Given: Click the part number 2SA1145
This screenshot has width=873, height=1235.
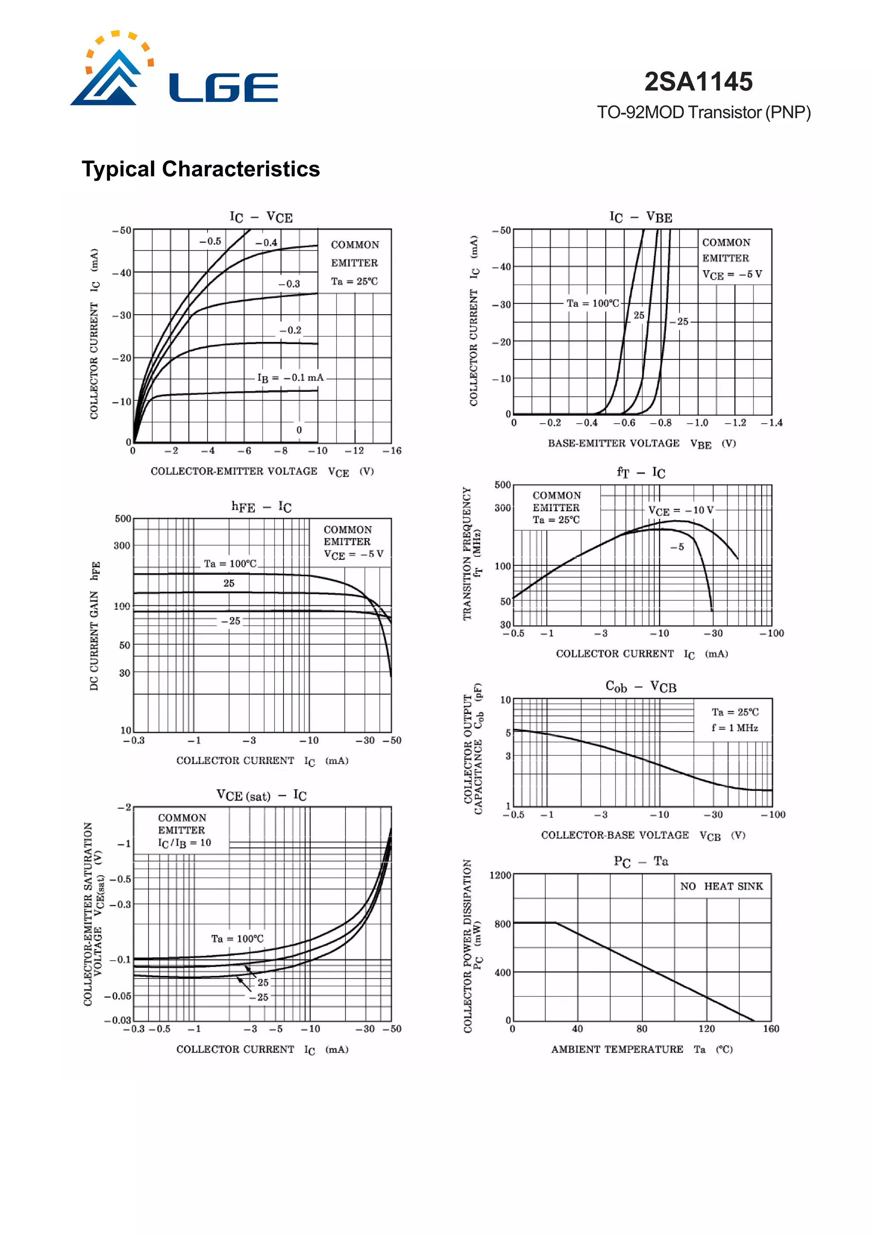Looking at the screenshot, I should click(x=698, y=82).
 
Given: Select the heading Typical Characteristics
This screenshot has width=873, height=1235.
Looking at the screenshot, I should click(x=201, y=169).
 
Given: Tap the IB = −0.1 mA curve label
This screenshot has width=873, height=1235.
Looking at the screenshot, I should click(x=290, y=378).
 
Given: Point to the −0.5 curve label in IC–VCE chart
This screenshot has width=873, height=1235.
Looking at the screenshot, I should click(x=210, y=242).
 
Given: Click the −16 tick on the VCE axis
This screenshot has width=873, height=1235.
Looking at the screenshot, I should click(x=392, y=451).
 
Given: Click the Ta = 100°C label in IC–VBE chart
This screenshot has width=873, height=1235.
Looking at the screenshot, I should click(x=593, y=304).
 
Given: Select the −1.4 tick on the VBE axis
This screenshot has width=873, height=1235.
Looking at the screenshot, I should click(x=772, y=423).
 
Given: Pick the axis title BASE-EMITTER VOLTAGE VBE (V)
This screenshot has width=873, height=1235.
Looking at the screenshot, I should click(x=642, y=444).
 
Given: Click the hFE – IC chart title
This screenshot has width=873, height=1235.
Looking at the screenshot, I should click(x=261, y=507).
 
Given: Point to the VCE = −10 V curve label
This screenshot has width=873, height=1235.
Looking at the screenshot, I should click(x=680, y=510).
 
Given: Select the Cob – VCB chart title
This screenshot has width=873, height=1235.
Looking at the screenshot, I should click(x=641, y=687).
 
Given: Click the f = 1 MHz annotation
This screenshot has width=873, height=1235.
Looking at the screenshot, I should click(x=735, y=728).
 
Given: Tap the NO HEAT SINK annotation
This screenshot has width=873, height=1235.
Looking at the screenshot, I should click(x=721, y=886).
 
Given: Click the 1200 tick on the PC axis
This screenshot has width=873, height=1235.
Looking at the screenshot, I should click(x=500, y=875).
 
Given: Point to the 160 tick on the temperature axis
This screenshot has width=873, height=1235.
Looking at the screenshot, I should click(x=771, y=1028).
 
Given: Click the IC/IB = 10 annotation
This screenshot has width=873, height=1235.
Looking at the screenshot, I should click(x=185, y=843).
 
